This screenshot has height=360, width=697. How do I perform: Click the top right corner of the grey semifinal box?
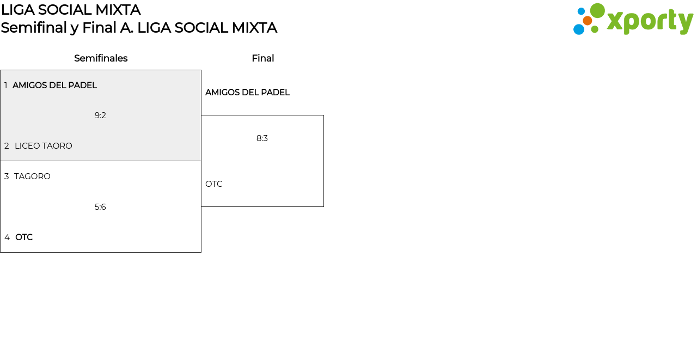pyautogui.click(x=201, y=70)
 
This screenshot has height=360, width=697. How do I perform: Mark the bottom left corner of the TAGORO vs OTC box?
pyautogui.click(x=1, y=252)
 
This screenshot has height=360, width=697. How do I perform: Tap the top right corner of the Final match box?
pyautogui.click(x=323, y=115)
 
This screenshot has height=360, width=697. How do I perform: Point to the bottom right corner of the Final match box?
pyautogui.click(x=323, y=206)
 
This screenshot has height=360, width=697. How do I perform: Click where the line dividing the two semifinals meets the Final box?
pyautogui.click(x=201, y=161)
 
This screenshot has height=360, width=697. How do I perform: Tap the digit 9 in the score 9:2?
pyautogui.click(x=97, y=115)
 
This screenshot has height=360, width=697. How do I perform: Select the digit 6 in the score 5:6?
pyautogui.click(x=103, y=207)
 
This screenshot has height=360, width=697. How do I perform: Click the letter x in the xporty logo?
pyautogui.click(x=615, y=21)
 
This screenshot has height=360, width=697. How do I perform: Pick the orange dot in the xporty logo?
pyautogui.click(x=588, y=21)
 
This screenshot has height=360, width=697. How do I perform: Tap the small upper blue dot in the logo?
pyautogui.click(x=581, y=11)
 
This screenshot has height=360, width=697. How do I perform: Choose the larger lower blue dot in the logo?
pyautogui.click(x=579, y=29)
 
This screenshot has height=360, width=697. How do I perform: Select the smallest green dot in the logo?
pyautogui.click(x=595, y=29)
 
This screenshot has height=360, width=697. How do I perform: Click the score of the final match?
pyautogui.click(x=262, y=138)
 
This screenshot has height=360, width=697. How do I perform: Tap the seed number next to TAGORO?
pyautogui.click(x=7, y=176)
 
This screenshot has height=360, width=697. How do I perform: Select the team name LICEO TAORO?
pyautogui.click(x=44, y=146)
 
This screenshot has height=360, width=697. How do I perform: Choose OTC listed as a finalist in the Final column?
pyautogui.click(x=214, y=184)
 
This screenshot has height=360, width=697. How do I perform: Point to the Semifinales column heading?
pyautogui.click(x=101, y=58)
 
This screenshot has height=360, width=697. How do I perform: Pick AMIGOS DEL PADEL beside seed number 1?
pyautogui.click(x=55, y=86)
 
